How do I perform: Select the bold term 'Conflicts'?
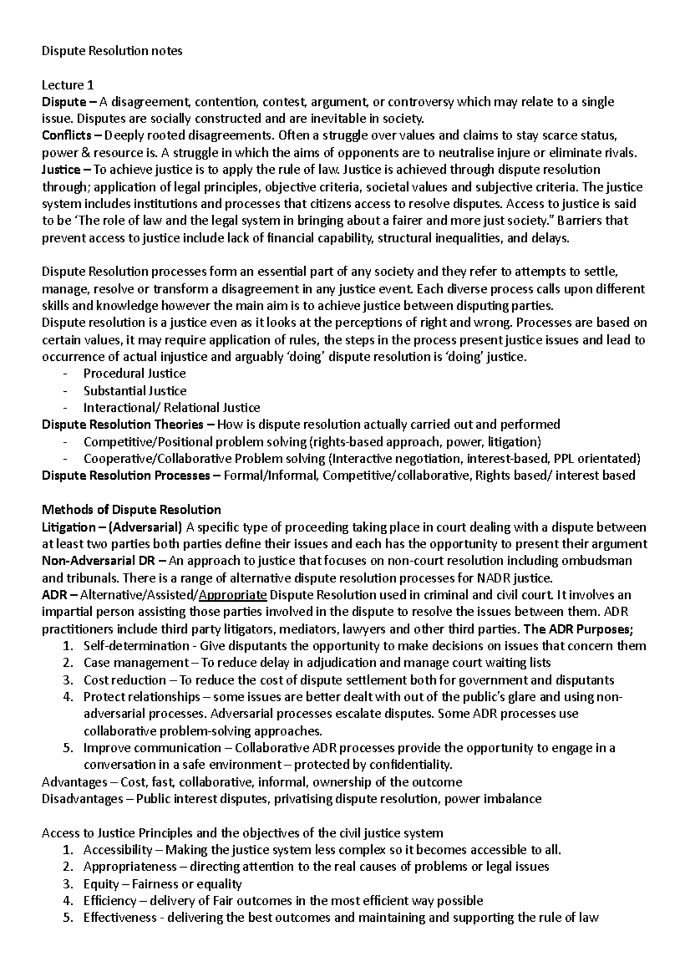click(x=66, y=136)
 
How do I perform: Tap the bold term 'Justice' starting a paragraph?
click(x=61, y=170)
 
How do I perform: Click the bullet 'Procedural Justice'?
click(x=135, y=373)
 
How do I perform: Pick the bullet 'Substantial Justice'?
click(x=135, y=391)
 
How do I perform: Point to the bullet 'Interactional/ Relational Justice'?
click(x=171, y=408)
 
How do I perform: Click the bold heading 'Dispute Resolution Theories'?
click(x=122, y=425)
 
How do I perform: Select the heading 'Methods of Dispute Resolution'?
click(x=132, y=510)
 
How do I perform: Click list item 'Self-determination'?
click(x=136, y=646)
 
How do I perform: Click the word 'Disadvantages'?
click(x=82, y=799)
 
